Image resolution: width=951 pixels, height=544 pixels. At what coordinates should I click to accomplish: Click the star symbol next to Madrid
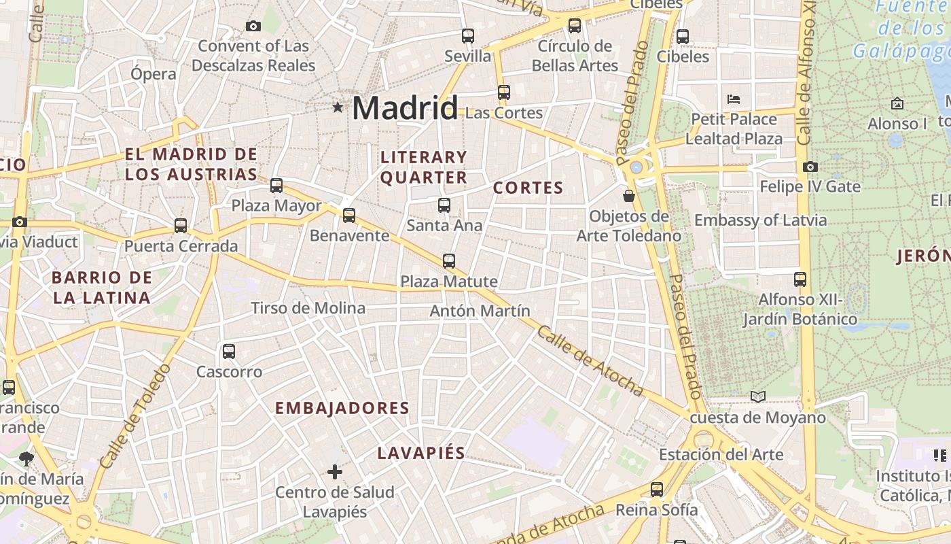338,107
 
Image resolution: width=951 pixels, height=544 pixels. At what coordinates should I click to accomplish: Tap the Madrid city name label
405,108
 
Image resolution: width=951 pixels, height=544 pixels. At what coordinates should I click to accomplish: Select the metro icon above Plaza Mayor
276,185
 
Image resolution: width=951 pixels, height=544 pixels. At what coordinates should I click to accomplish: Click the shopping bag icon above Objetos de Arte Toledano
629,196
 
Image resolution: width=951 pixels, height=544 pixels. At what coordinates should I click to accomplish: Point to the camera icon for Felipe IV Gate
810,167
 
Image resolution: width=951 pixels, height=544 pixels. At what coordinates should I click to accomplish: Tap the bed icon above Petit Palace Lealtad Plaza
734,99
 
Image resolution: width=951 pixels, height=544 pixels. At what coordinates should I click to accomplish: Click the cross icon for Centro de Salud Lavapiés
334,471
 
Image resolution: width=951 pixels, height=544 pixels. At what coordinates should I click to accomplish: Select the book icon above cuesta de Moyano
758,396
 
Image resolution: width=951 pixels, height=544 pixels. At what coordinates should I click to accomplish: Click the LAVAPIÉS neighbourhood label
421,454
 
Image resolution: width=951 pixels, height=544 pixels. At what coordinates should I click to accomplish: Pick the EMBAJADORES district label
342,408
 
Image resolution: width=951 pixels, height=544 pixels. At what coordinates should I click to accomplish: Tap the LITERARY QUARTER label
424,167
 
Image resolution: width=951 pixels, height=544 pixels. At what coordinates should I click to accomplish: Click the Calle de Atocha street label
589,360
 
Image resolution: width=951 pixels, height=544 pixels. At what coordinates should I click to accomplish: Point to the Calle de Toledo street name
135,416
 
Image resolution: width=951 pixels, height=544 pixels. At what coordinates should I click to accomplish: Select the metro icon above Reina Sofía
656,489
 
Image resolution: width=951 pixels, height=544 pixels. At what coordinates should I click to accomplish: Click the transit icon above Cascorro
229,352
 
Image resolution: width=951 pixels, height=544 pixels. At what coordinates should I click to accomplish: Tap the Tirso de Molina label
308,308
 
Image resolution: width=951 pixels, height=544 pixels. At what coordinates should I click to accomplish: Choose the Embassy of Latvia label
760,220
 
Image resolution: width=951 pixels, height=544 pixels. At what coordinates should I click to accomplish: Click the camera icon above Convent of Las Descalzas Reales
253,26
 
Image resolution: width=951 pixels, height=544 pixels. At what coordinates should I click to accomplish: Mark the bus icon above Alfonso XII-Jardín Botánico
800,279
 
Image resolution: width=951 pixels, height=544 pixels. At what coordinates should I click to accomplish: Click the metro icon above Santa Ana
444,205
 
